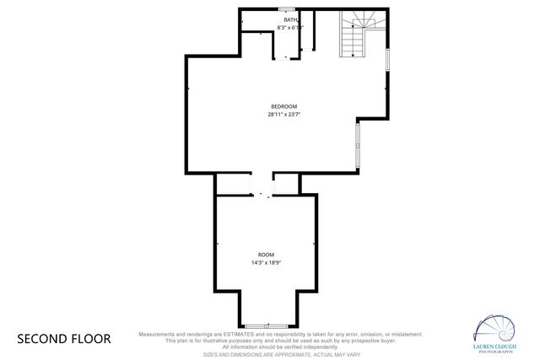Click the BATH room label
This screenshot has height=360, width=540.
pos(290,19)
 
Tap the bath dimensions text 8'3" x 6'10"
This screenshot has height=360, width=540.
pos(289,28)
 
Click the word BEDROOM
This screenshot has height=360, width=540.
pos(283,105)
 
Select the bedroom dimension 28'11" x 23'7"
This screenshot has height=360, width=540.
pos(284,114)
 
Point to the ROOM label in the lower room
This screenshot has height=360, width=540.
pos(266,255)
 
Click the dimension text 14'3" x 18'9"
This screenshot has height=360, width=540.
pos(266,263)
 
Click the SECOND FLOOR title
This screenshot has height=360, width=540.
pos(64,339)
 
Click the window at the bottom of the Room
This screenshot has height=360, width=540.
pos(266,325)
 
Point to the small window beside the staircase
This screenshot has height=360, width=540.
pos(386,59)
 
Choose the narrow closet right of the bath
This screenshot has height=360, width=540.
pos(309,32)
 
